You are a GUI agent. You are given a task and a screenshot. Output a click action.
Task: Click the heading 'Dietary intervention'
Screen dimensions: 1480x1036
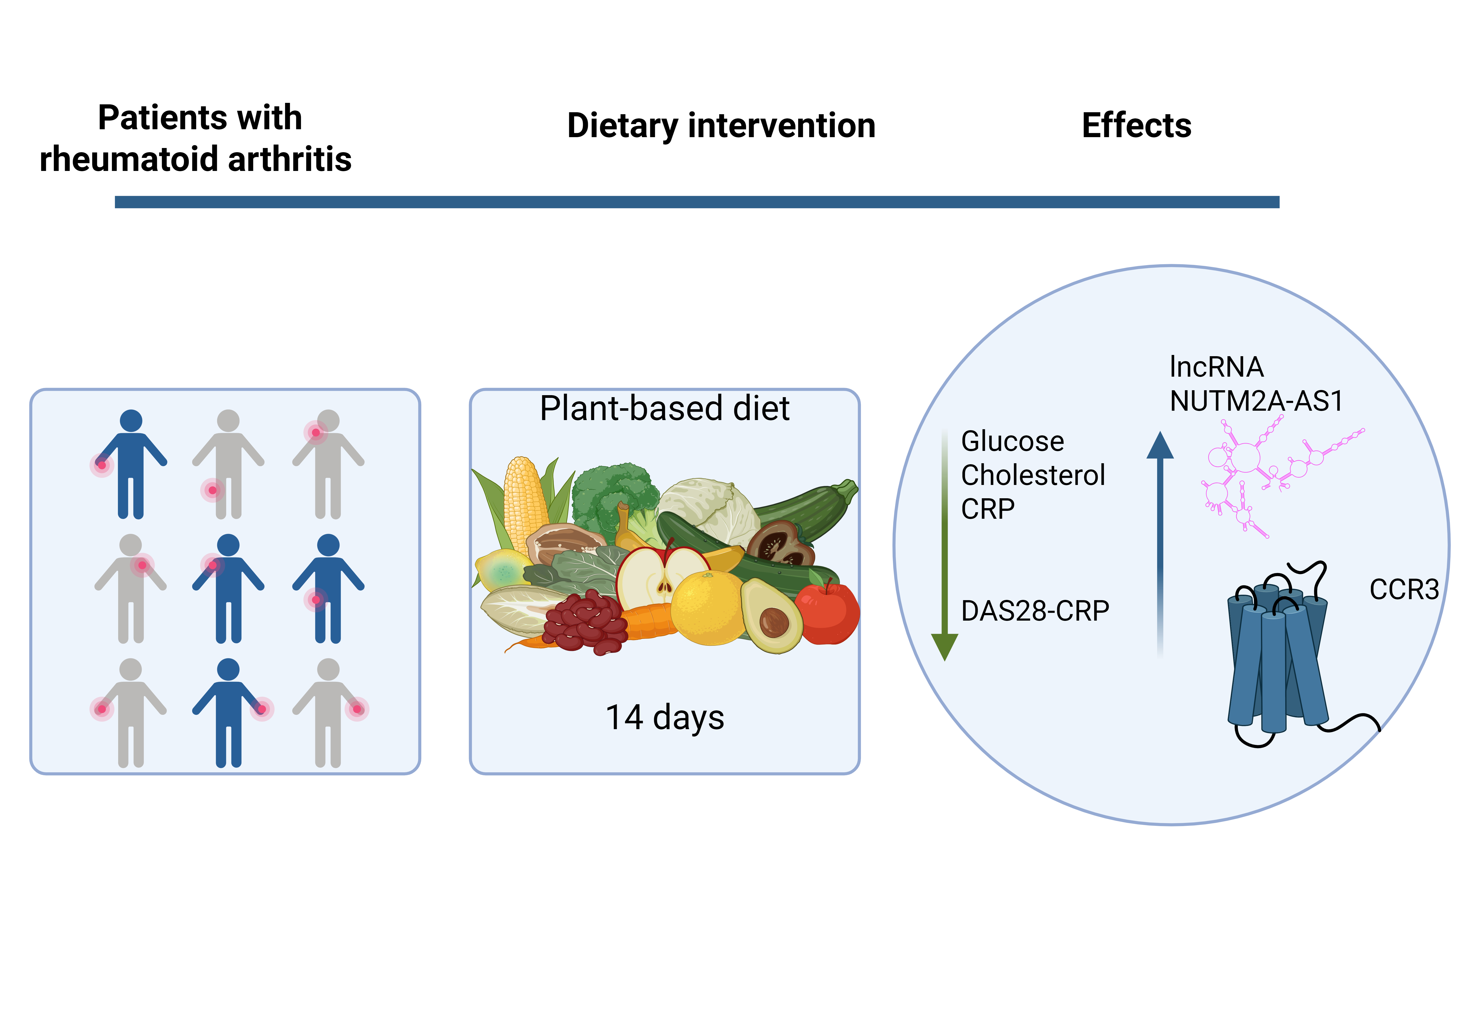tap(721, 126)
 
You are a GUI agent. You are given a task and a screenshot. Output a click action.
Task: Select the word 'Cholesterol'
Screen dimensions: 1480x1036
tap(1033, 475)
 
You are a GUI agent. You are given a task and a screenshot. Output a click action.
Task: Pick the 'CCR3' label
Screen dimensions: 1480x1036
tap(1404, 589)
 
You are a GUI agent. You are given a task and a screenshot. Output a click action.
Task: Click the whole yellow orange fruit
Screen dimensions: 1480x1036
tap(707, 608)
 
